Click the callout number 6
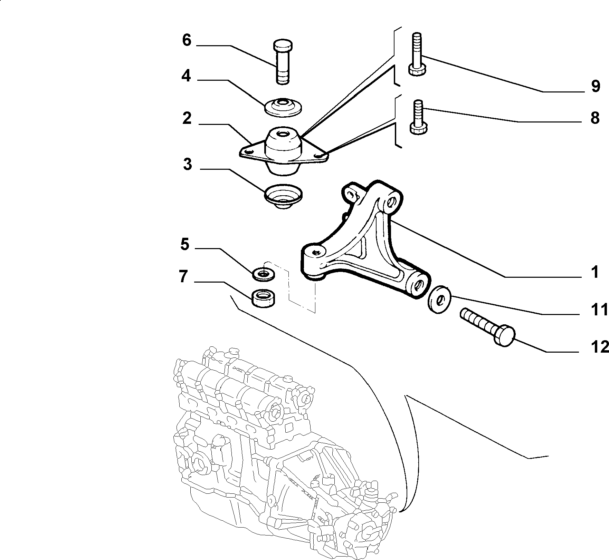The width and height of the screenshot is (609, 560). pos(187,40)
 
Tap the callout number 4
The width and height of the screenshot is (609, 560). pos(186,76)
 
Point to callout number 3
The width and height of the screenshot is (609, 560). pos(187,165)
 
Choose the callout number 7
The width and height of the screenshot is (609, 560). pos(183,277)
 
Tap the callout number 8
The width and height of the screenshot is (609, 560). pos(595,118)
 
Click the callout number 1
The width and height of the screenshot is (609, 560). pos(594,272)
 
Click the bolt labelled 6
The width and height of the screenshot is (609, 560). pos(283,62)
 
